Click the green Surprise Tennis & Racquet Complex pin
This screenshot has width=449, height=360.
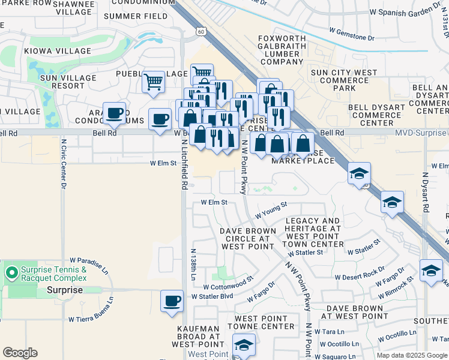(x=11, y=272)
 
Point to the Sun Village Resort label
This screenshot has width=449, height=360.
(x=68, y=82)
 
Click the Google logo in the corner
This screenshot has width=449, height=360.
(x=20, y=353)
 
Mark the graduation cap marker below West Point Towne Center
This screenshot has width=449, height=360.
(x=244, y=345)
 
